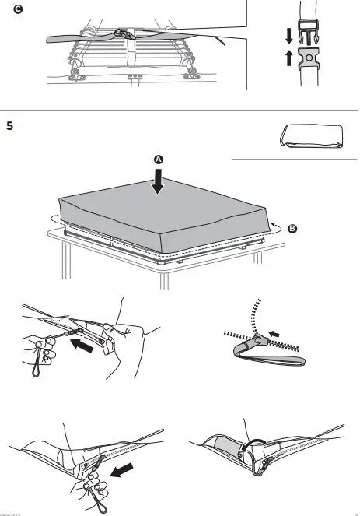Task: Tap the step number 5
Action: (9, 125)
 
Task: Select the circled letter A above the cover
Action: (159, 159)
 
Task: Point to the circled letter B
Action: (292, 229)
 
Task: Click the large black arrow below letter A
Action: (159, 181)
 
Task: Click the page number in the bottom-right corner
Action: (354, 513)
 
